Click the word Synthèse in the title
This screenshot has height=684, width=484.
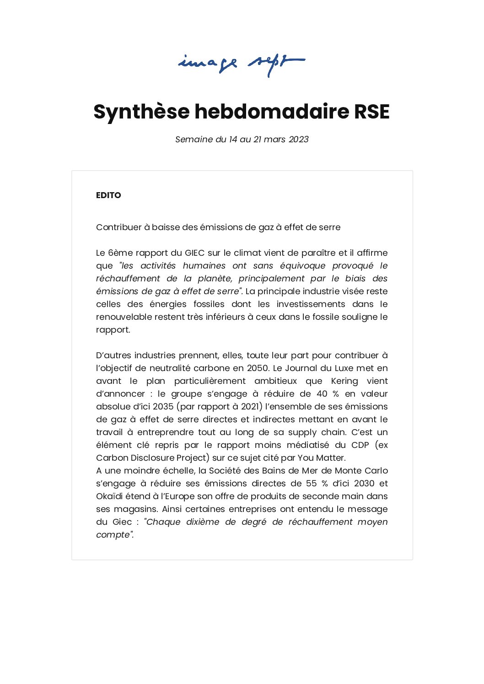pyautogui.click(x=141, y=112)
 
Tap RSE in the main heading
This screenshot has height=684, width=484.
pyautogui.click(x=371, y=112)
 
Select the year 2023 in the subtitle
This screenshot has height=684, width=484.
pyautogui.click(x=299, y=140)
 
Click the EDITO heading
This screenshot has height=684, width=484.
pyautogui.click(x=108, y=195)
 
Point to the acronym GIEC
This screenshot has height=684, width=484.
pyautogui.click(x=195, y=253)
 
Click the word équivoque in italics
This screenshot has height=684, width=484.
pyautogui.click(x=302, y=266)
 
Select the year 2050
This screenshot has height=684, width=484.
pyautogui.click(x=258, y=368)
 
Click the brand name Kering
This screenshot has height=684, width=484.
pyautogui.click(x=344, y=381)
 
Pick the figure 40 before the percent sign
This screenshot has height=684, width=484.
pyautogui.click(x=323, y=394)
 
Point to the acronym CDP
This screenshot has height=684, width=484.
pyautogui.click(x=360, y=445)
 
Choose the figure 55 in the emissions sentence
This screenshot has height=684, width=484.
pyautogui.click(x=312, y=484)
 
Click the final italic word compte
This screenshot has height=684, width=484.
pyautogui.click(x=113, y=535)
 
